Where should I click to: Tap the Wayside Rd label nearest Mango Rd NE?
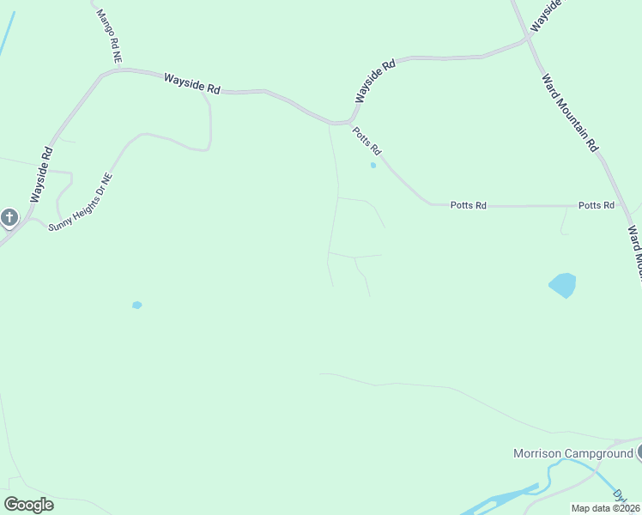(x=192, y=83)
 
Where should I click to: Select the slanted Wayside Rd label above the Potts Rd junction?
(x=375, y=82)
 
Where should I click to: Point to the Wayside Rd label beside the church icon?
(x=42, y=175)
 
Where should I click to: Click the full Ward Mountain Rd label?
(x=570, y=112)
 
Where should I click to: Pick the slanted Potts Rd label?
(x=366, y=141)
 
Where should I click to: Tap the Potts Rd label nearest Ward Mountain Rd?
(x=597, y=206)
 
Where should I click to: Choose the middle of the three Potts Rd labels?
(x=469, y=206)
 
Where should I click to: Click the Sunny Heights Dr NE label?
(x=81, y=206)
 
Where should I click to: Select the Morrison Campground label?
(x=572, y=453)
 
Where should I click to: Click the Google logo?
(x=28, y=505)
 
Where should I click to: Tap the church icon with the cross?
(x=9, y=217)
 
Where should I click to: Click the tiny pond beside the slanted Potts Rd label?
(x=372, y=165)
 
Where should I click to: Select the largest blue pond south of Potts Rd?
(x=562, y=284)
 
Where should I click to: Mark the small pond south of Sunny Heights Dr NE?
(x=136, y=305)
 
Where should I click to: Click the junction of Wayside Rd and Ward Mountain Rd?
(x=528, y=39)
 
